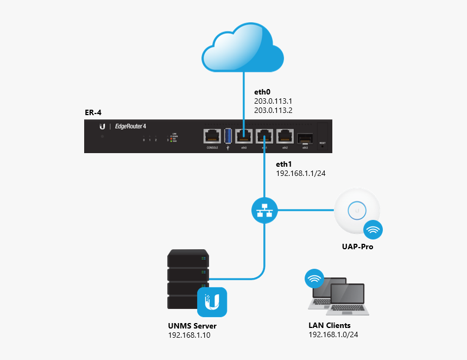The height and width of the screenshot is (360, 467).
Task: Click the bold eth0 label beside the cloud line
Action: point(262,92)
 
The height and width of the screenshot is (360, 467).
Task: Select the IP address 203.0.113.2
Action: point(273,110)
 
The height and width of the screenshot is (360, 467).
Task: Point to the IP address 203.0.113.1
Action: point(273,101)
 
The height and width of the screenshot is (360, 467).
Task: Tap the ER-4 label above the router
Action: point(93,112)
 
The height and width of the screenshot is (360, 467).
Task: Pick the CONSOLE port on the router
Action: point(212,136)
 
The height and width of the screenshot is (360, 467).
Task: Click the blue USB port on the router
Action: point(228,136)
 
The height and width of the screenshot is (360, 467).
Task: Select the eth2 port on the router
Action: point(285,136)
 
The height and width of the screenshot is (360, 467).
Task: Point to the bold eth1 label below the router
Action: point(284,164)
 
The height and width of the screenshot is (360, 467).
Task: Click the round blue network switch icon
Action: point(264,209)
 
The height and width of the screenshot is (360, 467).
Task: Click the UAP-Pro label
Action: point(357,247)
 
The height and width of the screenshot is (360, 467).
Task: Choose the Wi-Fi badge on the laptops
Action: point(313,280)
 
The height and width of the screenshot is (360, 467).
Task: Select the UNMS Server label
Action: point(192,326)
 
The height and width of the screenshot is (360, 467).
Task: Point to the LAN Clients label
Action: point(330,325)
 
